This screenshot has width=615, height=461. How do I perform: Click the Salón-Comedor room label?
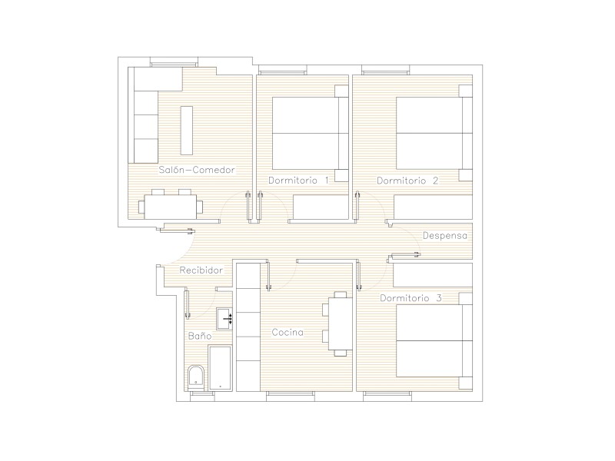pos(197,170)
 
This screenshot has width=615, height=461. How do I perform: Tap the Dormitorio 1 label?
pos(298,181)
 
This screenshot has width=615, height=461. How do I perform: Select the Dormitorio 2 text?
pos(407,181)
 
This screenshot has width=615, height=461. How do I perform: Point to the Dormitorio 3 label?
pos(411,298)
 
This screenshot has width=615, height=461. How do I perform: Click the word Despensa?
pos(445,236)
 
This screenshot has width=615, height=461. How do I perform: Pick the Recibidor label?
pos(201,270)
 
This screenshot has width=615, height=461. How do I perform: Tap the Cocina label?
pos(288,333)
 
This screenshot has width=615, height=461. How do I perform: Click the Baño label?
pos(200,336)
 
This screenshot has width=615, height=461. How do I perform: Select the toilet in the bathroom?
pos(196,378)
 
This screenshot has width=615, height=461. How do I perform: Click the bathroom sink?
pos(225,318)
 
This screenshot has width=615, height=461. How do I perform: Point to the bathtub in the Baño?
pos(221,368)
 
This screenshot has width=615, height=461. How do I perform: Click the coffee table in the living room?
pos(187,130)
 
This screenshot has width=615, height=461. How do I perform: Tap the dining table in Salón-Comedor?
pos(171,207)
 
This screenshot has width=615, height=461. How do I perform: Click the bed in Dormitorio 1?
pos(311,133)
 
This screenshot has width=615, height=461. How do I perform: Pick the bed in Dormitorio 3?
pos(434,340)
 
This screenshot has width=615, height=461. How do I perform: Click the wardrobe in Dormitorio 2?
pos(433,207)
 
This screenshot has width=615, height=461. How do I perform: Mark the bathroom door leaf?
pos(187,304)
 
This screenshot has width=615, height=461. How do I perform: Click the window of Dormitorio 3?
pos(387,396)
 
